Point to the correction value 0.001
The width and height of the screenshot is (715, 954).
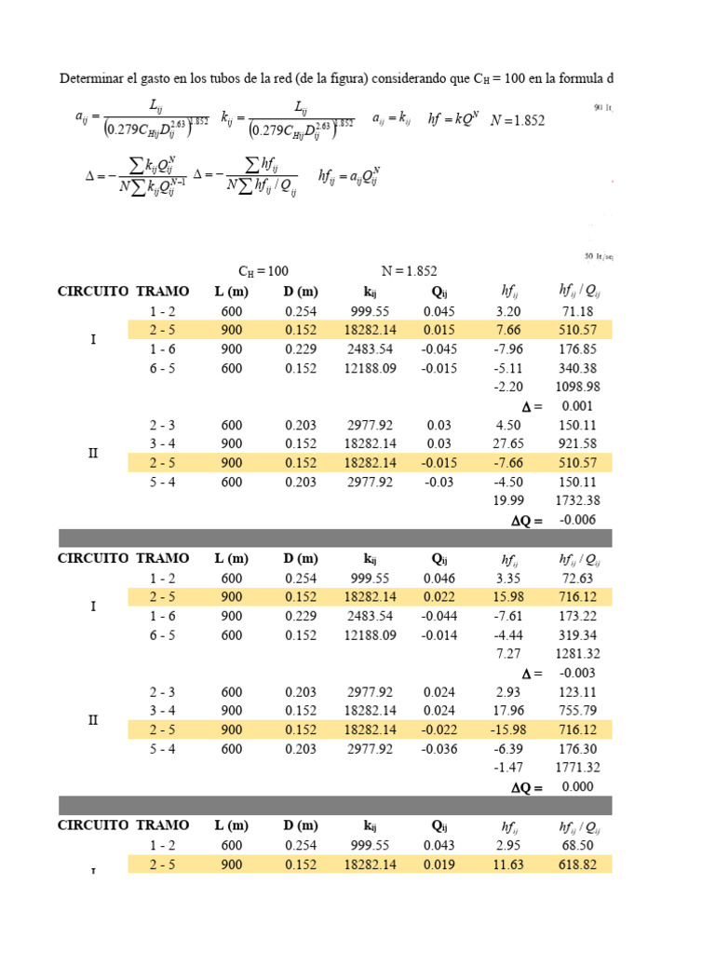point(578,406)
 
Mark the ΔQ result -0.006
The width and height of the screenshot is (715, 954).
point(578,520)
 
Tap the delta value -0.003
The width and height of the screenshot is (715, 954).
point(578,673)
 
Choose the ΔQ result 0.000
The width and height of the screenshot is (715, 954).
point(578,786)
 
